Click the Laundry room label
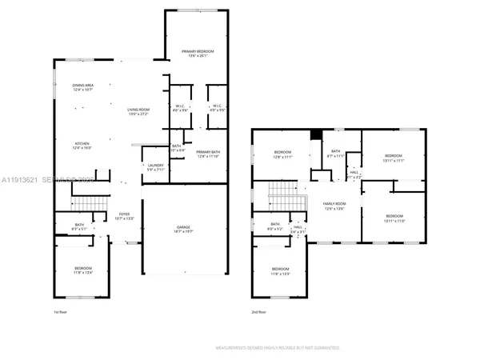[155, 167]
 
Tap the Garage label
[184, 229]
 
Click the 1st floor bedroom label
[84, 270]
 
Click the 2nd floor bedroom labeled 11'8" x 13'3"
[280, 270]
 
